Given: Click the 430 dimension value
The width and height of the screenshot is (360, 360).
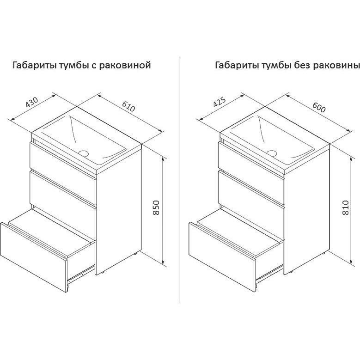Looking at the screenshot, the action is [x=32, y=103].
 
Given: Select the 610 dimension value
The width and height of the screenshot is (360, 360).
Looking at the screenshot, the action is [x=128, y=106].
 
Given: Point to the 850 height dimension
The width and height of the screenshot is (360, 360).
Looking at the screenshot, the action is [x=156, y=207].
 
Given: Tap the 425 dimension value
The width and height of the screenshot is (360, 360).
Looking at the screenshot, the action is [x=220, y=102].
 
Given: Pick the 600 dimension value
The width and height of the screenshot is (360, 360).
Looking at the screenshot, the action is [x=319, y=107].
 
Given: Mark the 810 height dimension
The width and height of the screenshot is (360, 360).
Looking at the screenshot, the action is [x=346, y=207].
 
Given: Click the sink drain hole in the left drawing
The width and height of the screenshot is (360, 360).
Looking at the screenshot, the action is [x=84, y=153].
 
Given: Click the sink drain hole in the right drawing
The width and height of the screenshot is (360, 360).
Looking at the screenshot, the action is [x=272, y=153].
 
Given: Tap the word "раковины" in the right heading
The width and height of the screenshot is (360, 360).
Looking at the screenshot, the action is [x=336, y=65].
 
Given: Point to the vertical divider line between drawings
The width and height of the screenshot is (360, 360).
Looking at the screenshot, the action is [x=179, y=180].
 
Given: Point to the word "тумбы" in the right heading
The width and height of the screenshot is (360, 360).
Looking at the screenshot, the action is [x=276, y=65].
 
